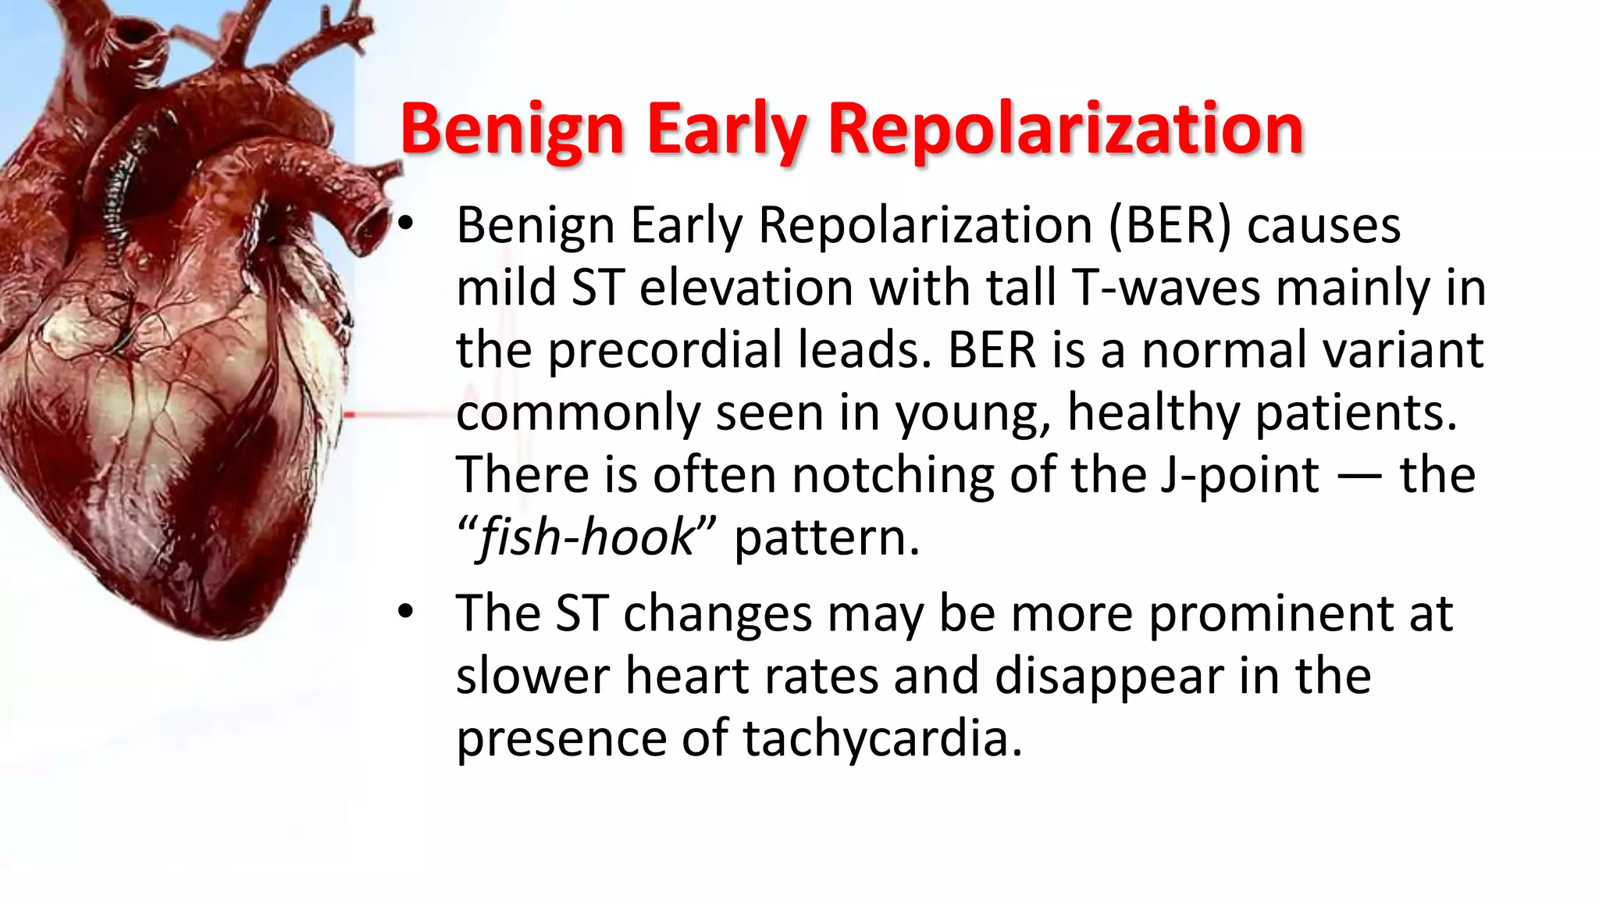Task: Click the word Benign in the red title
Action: pos(511,129)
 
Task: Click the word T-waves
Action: pos(1166,287)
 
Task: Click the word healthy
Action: pos(1152,412)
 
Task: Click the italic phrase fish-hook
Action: pos(586,537)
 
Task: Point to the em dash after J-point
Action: pos(1359,477)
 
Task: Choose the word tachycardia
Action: pos(881,738)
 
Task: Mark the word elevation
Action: pos(746,287)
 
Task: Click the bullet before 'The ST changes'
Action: pos(404,612)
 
